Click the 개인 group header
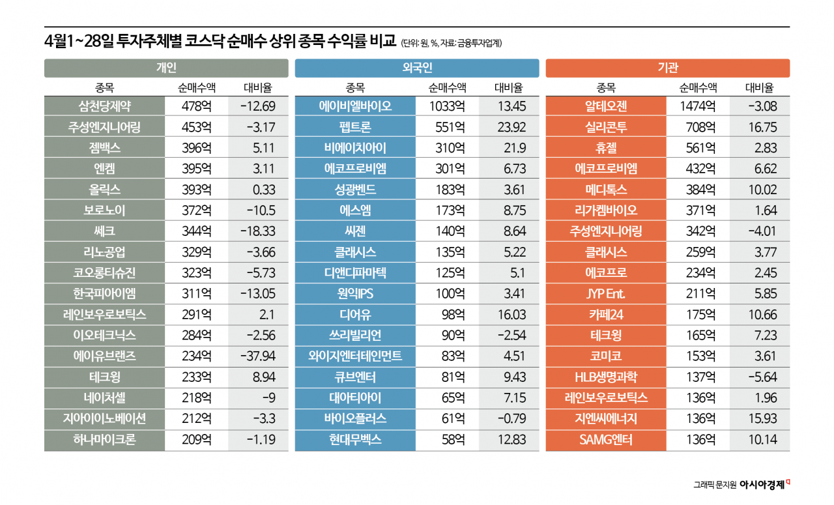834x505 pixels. click(166, 68)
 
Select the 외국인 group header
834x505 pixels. click(417, 68)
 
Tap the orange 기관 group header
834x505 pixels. click(667, 68)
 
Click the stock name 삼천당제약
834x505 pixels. click(104, 107)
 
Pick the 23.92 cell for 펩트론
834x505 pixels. click(510, 128)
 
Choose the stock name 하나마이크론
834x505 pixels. click(104, 440)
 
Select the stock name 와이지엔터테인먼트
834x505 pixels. click(355, 356)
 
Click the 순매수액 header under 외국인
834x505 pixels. click(448, 88)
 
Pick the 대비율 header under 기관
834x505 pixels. click(759, 88)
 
